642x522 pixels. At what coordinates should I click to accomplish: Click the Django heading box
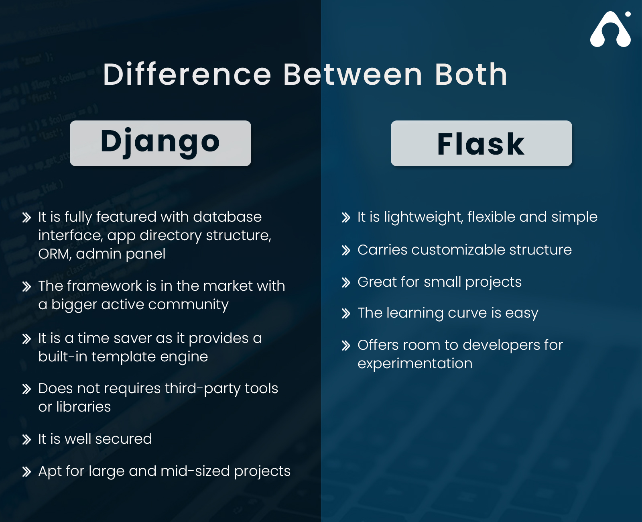[160, 143]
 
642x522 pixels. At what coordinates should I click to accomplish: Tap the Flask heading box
[481, 143]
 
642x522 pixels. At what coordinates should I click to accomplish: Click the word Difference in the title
[187, 75]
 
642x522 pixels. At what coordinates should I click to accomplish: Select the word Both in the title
[471, 75]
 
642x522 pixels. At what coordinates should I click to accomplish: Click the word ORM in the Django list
[54, 254]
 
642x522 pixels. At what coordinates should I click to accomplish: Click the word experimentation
[415, 363]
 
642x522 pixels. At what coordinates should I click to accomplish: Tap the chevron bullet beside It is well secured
[26, 440]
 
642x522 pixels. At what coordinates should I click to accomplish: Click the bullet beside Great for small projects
[346, 283]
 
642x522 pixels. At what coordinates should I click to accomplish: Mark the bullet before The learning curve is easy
[346, 314]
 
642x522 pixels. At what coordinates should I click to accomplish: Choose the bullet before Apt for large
[26, 472]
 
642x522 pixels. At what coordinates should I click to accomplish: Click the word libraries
[83, 407]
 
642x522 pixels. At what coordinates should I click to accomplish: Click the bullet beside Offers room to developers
[346, 346]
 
